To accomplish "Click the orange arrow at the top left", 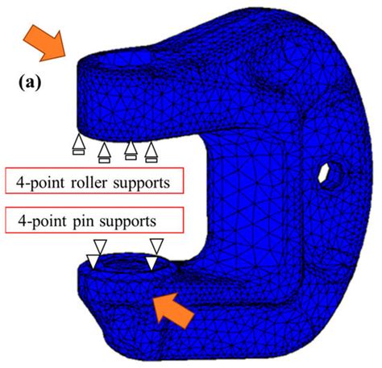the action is (x=46, y=43).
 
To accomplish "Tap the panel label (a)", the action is (x=30, y=84).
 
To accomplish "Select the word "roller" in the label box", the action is (x=89, y=183).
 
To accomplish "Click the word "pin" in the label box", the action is (x=83, y=222).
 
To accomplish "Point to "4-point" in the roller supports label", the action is (x=40, y=184).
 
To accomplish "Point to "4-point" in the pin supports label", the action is (x=43, y=222).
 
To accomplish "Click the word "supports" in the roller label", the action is (x=142, y=184).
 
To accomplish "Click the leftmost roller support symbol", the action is (x=79, y=144).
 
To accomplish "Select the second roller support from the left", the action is (x=105, y=152).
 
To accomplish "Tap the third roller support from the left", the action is (x=131, y=151).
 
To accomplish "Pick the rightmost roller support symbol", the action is (x=152, y=152).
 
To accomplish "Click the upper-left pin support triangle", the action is (x=100, y=246).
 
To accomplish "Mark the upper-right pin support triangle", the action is (x=156, y=246).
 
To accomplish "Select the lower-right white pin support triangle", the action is (x=152, y=263).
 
